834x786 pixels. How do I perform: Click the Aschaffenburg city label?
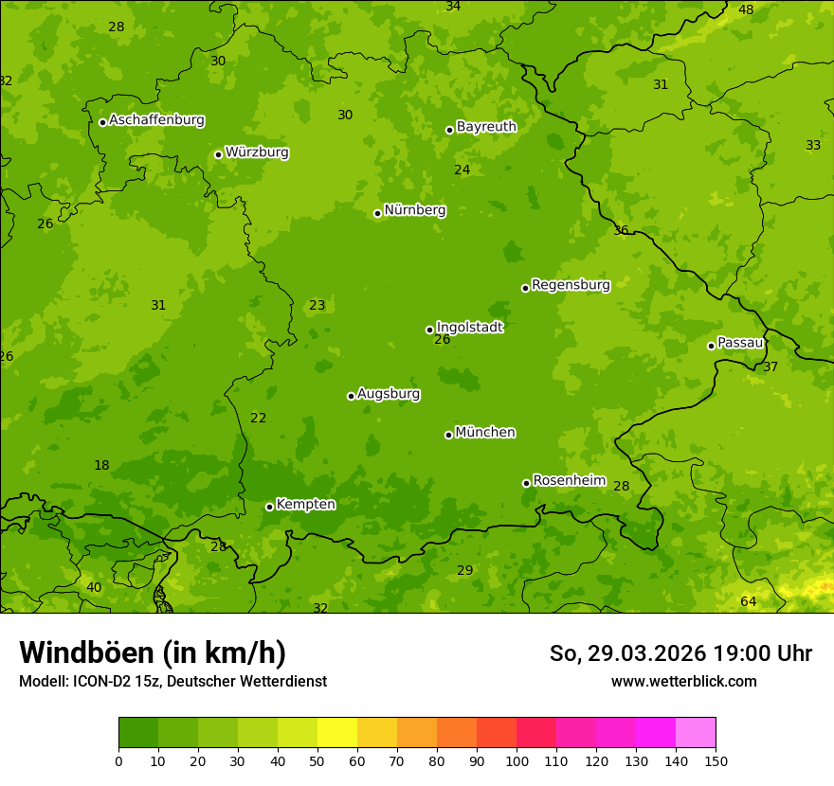click(x=156, y=120)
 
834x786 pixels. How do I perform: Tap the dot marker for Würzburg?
click(x=218, y=154)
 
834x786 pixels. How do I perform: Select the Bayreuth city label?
click(x=486, y=127)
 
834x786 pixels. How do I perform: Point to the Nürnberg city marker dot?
click(x=377, y=213)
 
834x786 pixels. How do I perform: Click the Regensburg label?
click(x=571, y=285)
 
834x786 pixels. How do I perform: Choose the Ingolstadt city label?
click(x=469, y=327)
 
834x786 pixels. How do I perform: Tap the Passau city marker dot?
click(x=711, y=346)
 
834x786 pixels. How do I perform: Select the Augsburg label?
click(x=389, y=394)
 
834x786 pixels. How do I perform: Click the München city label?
click(x=485, y=433)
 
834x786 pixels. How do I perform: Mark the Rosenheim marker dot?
click(x=526, y=483)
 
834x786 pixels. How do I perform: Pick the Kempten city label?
click(x=305, y=505)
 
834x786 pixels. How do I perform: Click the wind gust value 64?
click(x=748, y=602)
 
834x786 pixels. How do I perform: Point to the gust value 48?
click(x=746, y=9)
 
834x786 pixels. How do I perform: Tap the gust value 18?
click(x=101, y=465)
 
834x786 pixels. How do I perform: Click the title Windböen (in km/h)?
click(x=153, y=652)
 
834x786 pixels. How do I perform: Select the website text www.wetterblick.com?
click(x=683, y=681)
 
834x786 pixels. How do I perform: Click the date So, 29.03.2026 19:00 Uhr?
click(x=680, y=653)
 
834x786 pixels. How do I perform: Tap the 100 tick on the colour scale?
click(x=517, y=760)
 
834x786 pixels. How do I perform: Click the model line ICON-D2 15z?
click(x=172, y=681)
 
